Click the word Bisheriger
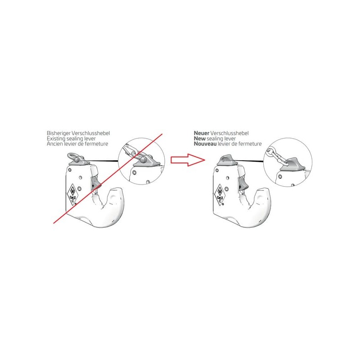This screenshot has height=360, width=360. click(x=58, y=133)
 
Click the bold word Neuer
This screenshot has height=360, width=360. click(x=202, y=133)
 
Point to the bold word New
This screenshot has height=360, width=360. click(x=199, y=139)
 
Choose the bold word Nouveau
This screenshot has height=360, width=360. click(x=205, y=144)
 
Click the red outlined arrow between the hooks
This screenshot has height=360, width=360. click(x=188, y=160)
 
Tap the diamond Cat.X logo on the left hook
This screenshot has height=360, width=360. click(x=73, y=194)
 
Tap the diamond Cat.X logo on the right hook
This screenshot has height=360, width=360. click(x=220, y=195)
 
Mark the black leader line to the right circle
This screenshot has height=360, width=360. click(x=249, y=161)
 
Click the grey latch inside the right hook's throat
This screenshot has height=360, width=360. click(x=243, y=184)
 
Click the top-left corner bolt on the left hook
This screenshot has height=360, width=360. click(x=70, y=170)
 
